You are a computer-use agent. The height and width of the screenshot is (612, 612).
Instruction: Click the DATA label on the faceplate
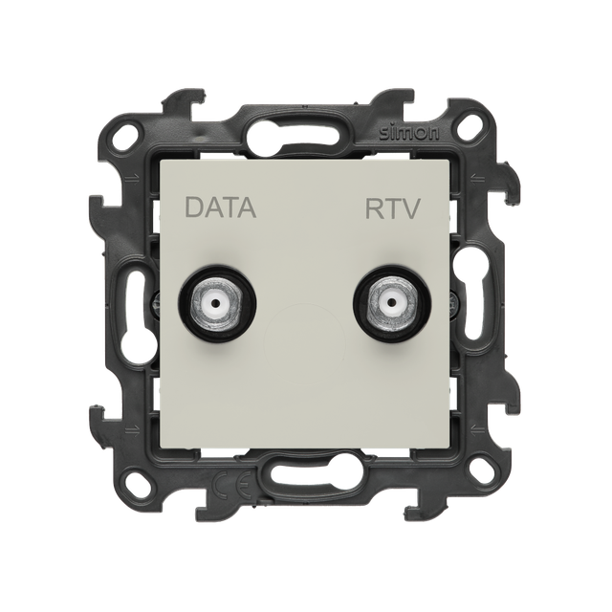pyautogui.click(x=221, y=208)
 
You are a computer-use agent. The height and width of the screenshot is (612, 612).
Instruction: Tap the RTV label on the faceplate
pyautogui.click(x=392, y=208)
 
